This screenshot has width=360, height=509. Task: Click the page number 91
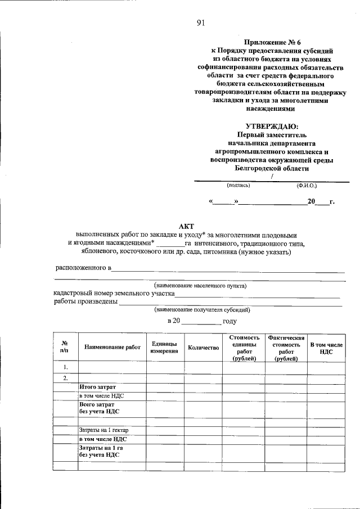(200, 22)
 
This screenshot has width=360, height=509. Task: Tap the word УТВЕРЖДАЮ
(272, 127)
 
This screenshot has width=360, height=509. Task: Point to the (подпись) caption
(238, 184)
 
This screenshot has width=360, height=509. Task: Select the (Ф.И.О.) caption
(307, 184)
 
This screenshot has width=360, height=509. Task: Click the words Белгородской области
(272, 168)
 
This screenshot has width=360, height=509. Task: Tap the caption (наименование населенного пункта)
(200, 285)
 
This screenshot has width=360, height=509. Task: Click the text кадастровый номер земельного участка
(114, 294)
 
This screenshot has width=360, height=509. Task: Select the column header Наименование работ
(112, 348)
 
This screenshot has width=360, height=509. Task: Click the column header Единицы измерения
(164, 347)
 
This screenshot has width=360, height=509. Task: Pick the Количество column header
(203, 348)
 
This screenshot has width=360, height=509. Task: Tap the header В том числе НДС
(326, 347)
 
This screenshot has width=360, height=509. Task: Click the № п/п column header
(65, 347)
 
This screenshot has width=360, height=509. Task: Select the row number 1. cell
(66, 367)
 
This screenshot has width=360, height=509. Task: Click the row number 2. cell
(66, 377)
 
